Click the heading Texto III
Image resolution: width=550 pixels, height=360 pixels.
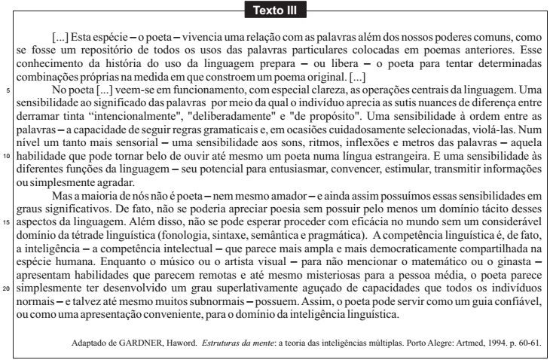click(276, 10)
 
